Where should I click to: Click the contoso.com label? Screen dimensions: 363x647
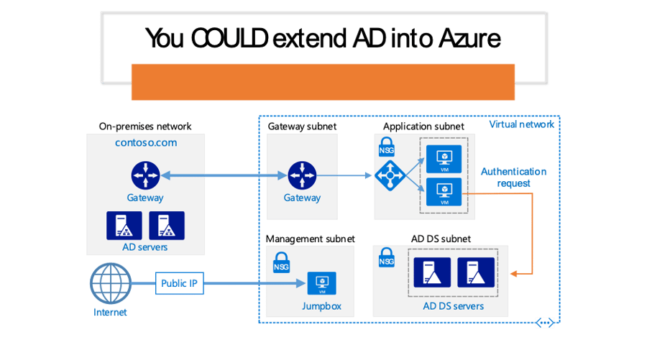tap(146, 142)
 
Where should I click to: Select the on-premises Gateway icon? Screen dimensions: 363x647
tap(146, 175)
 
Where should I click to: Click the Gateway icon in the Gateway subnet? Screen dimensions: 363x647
tap(302, 175)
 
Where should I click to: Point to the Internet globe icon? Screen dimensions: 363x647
tap(109, 283)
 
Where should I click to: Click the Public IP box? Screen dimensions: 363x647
tap(179, 283)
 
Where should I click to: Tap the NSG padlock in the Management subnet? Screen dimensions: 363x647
tap(281, 262)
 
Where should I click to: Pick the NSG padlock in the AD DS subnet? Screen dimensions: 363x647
tap(387, 258)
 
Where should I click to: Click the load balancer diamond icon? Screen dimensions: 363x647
tap(389, 175)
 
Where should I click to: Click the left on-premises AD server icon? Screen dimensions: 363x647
tap(124, 226)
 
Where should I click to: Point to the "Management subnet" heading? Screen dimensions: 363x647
tap(310, 238)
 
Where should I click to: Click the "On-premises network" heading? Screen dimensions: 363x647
tap(145, 127)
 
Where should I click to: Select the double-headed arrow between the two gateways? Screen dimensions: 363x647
tap(223, 175)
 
